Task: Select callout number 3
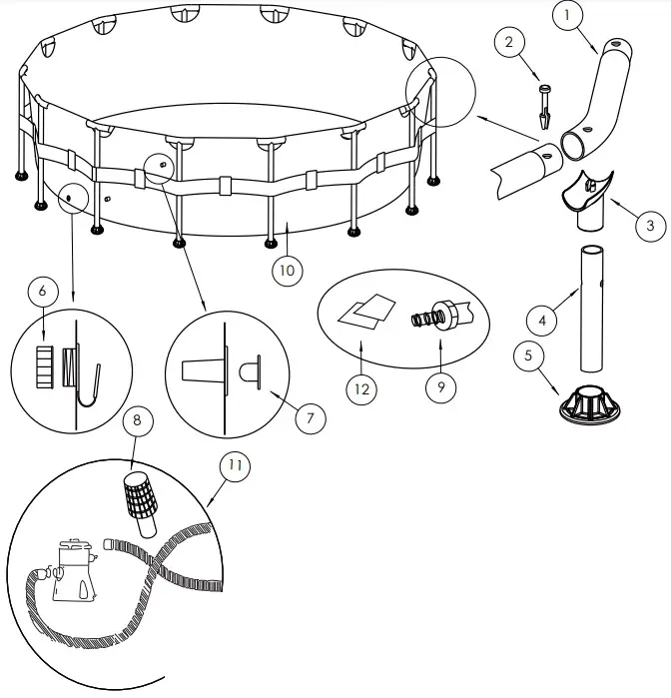(x=649, y=226)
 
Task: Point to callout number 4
(x=540, y=322)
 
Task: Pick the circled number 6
(x=42, y=290)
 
